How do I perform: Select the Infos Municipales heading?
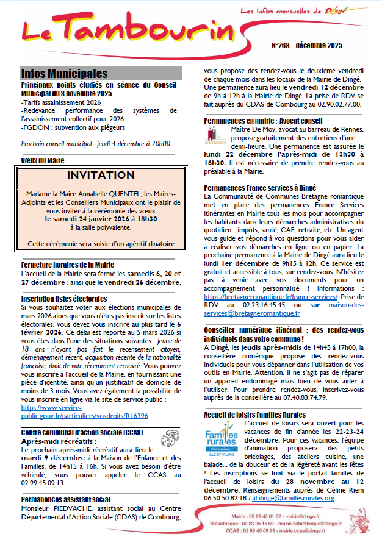(x=64, y=74)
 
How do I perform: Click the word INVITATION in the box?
(x=100, y=176)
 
